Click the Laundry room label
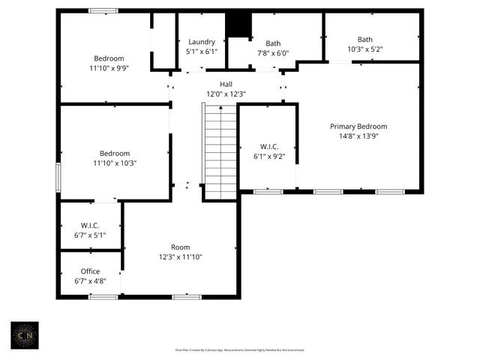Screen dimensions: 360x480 [202, 42]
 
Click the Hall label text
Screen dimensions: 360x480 [226, 84]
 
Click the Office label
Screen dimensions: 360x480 [90, 271]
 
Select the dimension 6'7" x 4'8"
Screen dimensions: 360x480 [90, 281]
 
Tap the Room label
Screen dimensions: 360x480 [180, 247]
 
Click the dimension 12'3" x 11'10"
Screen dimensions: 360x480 [180, 257]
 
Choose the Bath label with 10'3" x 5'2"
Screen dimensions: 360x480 [364, 40]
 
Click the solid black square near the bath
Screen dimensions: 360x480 [238, 25]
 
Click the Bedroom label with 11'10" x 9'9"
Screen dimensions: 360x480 [109, 58]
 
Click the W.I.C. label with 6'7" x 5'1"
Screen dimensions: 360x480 [90, 226]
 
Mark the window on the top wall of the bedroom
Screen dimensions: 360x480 [103, 10]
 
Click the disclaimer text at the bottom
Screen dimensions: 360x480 [240, 349]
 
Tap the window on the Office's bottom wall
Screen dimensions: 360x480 [103, 297]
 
